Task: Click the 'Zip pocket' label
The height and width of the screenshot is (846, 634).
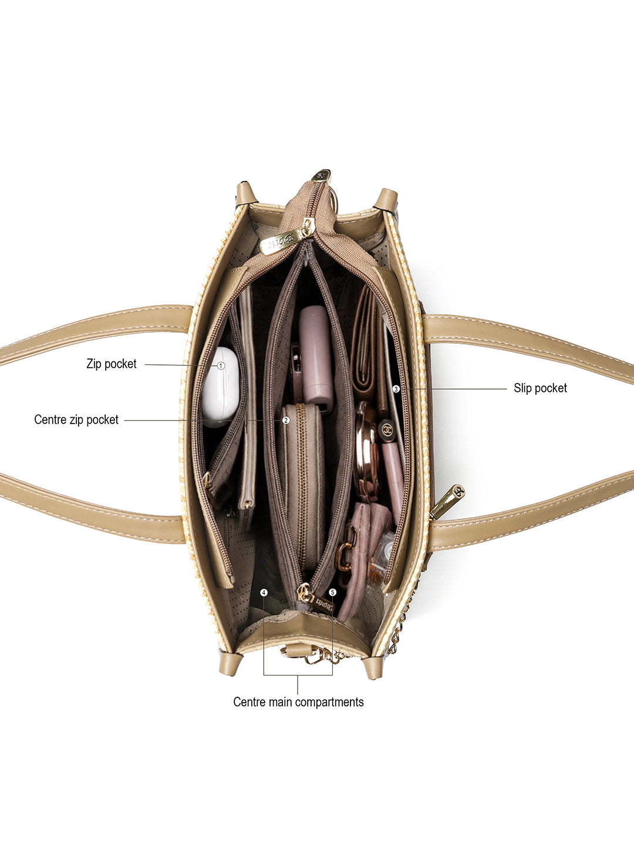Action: point(112,364)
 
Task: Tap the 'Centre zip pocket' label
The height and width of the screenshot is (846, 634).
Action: point(76,419)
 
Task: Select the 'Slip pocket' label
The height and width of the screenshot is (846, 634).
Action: point(540,388)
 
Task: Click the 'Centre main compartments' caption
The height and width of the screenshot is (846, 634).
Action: point(298,702)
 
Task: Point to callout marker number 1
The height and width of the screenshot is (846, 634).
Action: point(221,366)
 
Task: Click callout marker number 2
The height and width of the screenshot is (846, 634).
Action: point(286,420)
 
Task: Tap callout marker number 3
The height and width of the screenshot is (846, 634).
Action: point(396,389)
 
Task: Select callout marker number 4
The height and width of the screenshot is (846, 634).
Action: point(264,592)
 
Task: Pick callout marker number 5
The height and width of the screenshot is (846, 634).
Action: point(333,592)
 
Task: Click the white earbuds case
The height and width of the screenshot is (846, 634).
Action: point(220,387)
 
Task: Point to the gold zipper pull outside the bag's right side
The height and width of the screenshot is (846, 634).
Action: point(447,502)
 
